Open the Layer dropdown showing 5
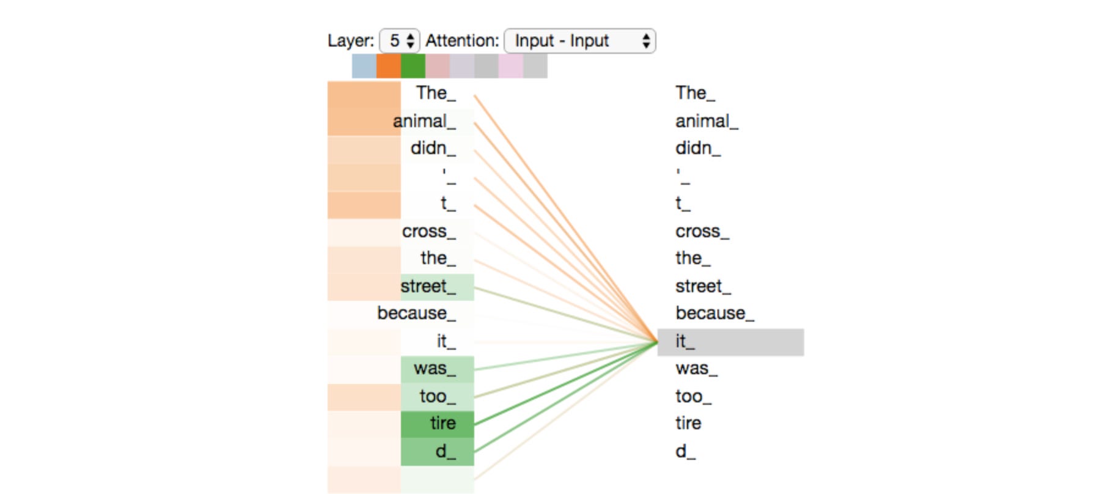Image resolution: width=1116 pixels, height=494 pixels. click(399, 41)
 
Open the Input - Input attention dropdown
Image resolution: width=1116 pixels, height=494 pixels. click(579, 41)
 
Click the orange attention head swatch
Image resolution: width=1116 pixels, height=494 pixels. click(389, 66)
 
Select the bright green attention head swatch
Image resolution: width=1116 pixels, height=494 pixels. click(413, 66)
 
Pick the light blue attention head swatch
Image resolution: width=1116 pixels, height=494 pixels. click(364, 66)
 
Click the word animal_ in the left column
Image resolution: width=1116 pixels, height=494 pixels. click(424, 121)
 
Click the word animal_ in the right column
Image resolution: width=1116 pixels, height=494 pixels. click(707, 121)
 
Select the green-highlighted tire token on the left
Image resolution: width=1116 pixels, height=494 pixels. click(443, 423)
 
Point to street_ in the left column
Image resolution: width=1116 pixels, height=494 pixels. click(428, 286)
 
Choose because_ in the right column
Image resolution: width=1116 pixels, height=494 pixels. click(714, 313)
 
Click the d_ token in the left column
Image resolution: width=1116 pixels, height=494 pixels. click(446, 452)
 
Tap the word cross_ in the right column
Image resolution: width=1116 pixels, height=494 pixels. click(702, 231)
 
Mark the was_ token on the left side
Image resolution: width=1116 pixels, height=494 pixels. click(435, 368)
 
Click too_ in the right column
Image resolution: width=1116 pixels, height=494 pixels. click(694, 396)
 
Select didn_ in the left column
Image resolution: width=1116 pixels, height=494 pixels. click(433, 148)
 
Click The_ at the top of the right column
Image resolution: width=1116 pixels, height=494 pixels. click(695, 93)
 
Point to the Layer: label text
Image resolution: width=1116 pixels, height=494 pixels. click(351, 41)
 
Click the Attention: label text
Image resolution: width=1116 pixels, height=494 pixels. click(462, 41)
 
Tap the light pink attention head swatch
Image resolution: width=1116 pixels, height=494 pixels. click(511, 66)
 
